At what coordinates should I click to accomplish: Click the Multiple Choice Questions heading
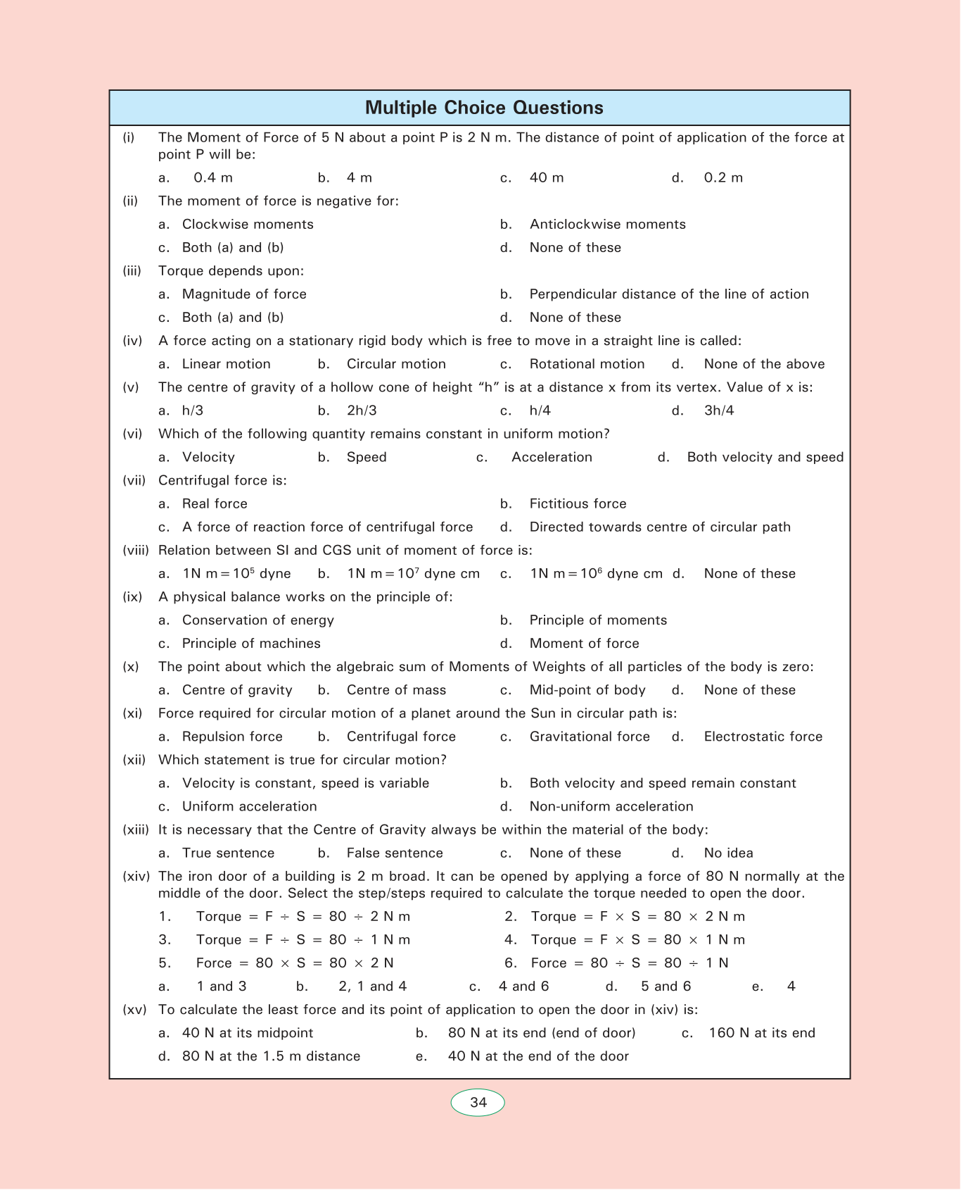tap(484, 108)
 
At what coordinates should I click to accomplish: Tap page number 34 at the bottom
tap(478, 1102)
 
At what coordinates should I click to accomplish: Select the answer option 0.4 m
tap(212, 177)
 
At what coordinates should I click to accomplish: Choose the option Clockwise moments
tap(248, 224)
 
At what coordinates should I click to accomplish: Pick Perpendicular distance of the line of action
tap(668, 294)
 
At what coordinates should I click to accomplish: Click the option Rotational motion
tap(587, 364)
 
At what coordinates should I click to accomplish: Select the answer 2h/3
tap(362, 411)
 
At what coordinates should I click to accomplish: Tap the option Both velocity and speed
tap(765, 457)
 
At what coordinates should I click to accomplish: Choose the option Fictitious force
tap(578, 503)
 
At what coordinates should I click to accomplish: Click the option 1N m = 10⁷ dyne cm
tap(413, 573)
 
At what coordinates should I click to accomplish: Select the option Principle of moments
tap(598, 620)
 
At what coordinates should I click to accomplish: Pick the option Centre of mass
tap(396, 690)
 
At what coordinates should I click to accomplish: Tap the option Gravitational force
tap(590, 737)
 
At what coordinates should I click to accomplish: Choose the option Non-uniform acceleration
tap(611, 806)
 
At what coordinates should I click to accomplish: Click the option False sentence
tap(395, 853)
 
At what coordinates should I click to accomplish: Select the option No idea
tap(728, 853)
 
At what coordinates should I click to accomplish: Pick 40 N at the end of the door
tap(538, 1056)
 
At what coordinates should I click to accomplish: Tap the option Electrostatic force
tap(763, 737)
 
